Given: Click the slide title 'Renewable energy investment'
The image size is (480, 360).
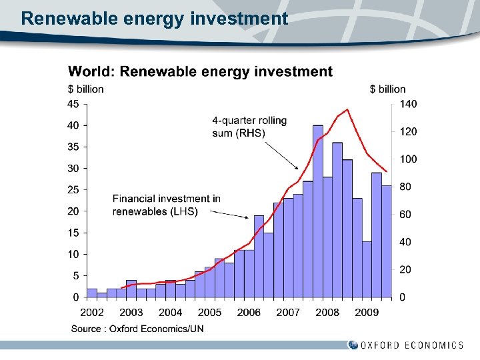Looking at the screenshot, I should point(154,18).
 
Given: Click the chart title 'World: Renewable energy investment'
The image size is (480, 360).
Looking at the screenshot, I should point(200,71).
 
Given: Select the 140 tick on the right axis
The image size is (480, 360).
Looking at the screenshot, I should point(408,104).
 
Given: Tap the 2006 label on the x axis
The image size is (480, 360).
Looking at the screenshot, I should point(249,312).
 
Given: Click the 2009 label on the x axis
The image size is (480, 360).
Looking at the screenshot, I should point(367,312).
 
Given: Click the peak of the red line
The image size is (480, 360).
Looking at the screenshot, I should point(347,109).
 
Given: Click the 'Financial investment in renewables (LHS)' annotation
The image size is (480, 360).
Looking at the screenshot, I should point(166,205).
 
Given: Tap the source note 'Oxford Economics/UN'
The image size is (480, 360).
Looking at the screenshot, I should point(137,328).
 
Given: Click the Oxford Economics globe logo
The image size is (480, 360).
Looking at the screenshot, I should point(353,345).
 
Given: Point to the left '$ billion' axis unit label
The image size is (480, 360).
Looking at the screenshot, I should point(85,89).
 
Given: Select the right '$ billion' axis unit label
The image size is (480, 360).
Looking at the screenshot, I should point(387,89).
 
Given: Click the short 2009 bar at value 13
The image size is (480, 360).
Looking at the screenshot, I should point(367,269).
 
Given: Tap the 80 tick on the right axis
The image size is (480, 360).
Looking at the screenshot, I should point(405,187).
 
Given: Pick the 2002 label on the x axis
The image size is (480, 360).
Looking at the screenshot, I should point(92,312).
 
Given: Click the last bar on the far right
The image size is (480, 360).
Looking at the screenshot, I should point(386,241).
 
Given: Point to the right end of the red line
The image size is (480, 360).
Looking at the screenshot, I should point(387,171).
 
